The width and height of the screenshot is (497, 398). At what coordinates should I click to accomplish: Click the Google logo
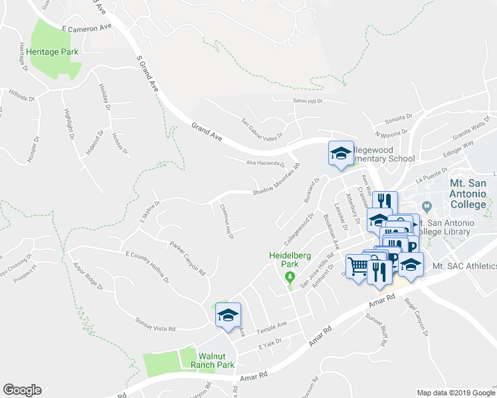pos(22,390)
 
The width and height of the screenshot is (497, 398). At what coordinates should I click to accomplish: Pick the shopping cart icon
pos(358,266)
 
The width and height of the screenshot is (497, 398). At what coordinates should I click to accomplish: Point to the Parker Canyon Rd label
pos(187,259)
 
